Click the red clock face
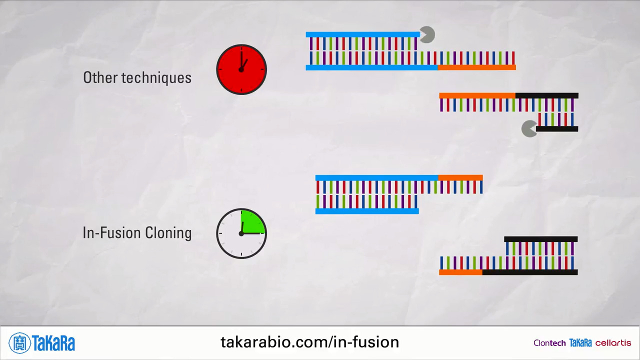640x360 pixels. coord(241,69)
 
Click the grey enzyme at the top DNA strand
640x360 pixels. coord(427,35)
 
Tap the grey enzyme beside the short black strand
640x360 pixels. coord(529,129)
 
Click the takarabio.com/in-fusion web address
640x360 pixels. coord(309,342)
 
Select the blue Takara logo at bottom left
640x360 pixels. coord(42,343)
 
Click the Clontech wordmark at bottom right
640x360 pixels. coord(549,343)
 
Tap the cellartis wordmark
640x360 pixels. coord(613,343)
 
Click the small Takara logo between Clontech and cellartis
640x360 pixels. coord(580,343)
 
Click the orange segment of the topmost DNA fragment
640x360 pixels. coord(476,67)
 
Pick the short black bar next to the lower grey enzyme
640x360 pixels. coord(557,129)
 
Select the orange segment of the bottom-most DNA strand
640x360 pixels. coord(460,272)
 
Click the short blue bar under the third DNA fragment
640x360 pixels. coord(367,211)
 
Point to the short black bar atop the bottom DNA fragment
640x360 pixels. coord(540,239)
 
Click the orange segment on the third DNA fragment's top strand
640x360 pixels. coord(460,177)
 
